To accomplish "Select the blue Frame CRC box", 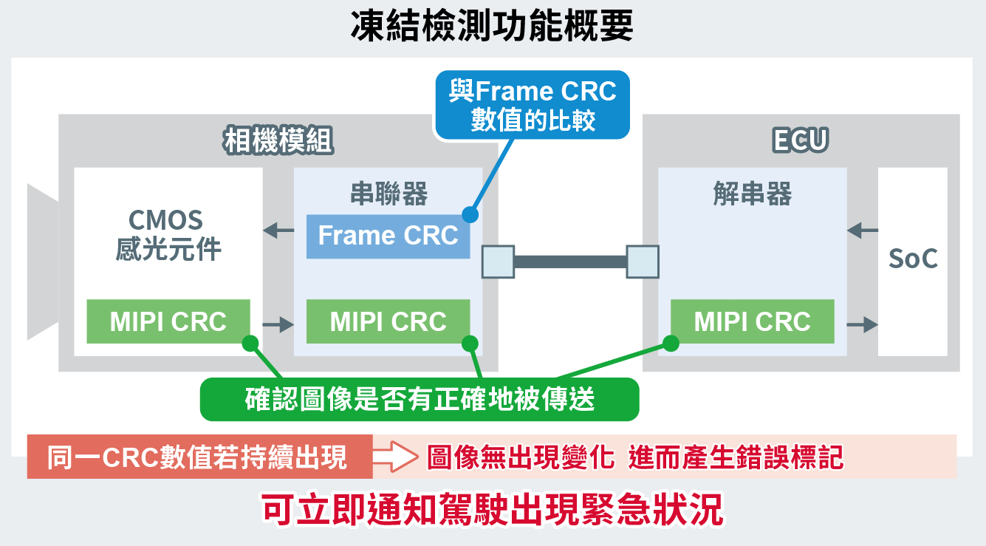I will [388, 236].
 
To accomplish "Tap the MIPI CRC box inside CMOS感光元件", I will [168, 321].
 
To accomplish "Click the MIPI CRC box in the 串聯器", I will [388, 321].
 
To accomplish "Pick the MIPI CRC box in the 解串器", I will [752, 321].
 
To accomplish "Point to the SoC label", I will [913, 259].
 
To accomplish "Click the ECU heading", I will [801, 140].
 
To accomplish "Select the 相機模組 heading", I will [278, 140].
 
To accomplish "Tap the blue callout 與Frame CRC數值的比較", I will [533, 105].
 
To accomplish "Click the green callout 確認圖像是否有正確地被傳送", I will [420, 400].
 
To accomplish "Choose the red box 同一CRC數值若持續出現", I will [198, 457].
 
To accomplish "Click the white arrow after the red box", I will [395, 457].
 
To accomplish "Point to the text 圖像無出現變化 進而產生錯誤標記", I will [635, 457].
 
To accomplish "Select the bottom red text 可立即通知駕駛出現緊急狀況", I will [493, 509].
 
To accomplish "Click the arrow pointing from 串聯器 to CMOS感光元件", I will [278, 231].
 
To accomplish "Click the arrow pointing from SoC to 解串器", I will [862, 231].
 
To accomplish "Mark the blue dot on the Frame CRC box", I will [469, 215].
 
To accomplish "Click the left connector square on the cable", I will [498, 262].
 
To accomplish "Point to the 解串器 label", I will [752, 195].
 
